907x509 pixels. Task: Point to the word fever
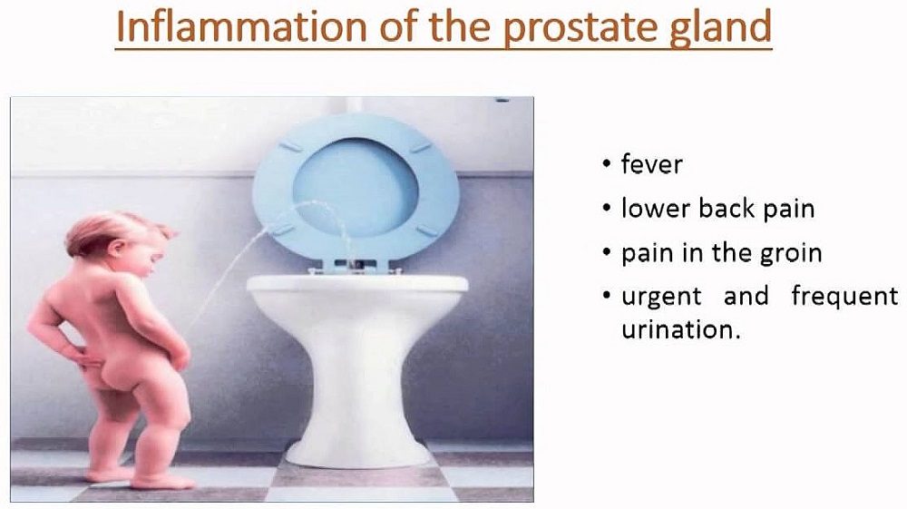coord(651,164)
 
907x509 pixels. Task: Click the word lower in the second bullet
coord(656,209)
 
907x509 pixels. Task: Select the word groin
coord(791,254)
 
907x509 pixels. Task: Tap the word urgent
coord(661,298)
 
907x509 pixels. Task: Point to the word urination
coord(680,329)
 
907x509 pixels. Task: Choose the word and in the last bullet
coord(746,296)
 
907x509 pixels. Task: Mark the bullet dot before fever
coord(606,163)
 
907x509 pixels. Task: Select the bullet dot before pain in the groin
coord(606,253)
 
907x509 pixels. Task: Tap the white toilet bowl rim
coord(357,283)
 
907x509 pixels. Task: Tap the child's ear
coord(116,248)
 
